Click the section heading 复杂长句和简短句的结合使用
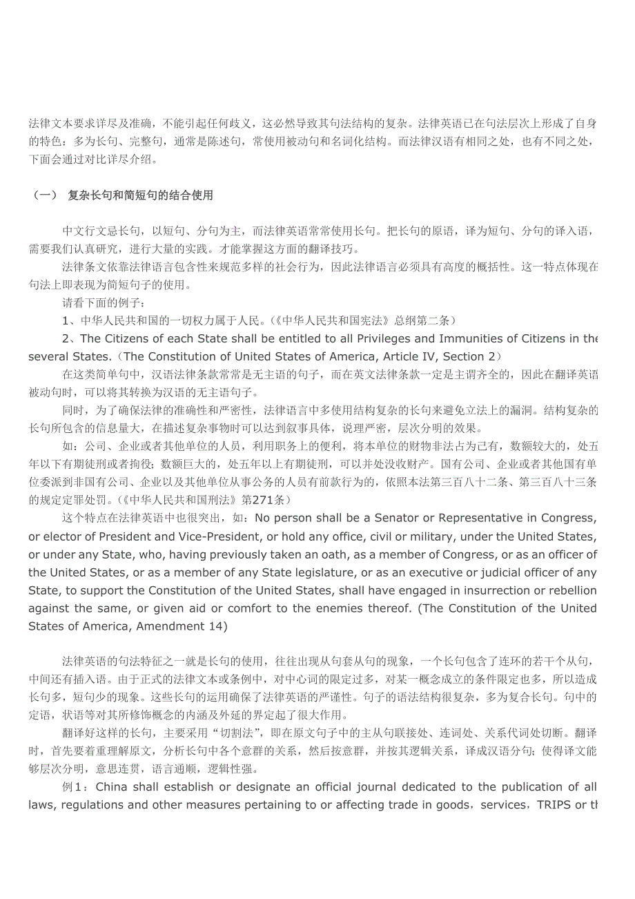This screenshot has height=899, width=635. tap(140, 196)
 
